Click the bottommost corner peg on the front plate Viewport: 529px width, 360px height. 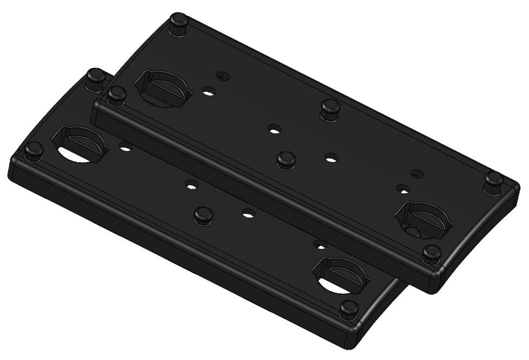click(347, 311)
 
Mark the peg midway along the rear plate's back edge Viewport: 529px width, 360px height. click(330, 108)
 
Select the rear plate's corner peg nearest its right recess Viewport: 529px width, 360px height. click(432, 253)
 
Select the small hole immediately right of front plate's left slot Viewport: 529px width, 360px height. click(126, 147)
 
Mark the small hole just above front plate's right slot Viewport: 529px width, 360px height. click(321, 246)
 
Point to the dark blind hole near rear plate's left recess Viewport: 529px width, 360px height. click(220, 75)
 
